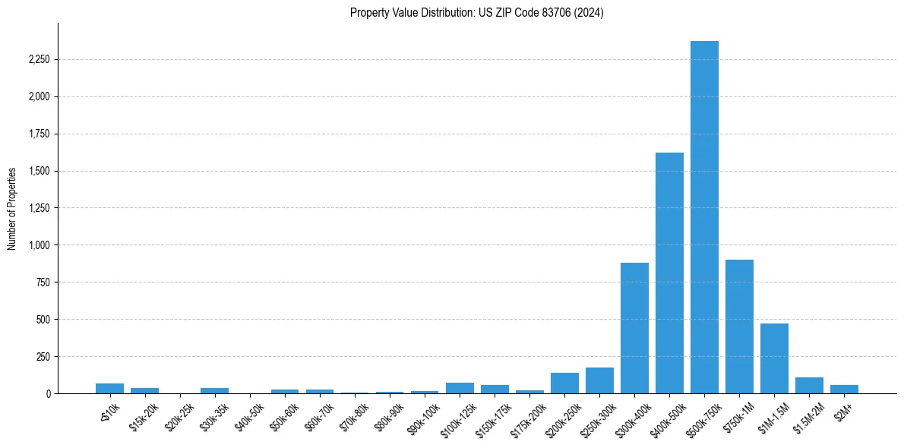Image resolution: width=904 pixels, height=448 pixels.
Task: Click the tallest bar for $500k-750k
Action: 704,217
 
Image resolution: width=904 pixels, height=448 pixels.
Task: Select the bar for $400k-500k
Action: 669,273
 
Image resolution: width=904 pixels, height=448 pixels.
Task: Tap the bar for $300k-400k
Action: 634,328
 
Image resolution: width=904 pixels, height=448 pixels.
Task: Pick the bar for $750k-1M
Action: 739,327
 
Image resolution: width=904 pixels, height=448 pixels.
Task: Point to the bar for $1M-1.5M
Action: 774,358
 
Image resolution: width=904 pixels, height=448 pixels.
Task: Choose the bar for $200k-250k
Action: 564,383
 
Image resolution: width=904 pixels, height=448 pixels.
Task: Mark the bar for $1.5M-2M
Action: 809,386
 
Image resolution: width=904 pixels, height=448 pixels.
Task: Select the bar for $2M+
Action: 844,389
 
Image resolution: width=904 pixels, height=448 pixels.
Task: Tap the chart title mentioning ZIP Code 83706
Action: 477,13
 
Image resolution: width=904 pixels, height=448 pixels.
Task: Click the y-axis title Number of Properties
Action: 12,209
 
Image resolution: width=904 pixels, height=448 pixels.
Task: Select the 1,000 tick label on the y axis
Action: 37,245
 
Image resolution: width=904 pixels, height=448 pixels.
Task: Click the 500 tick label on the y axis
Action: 43,320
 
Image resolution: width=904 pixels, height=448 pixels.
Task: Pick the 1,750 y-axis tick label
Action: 37,134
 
